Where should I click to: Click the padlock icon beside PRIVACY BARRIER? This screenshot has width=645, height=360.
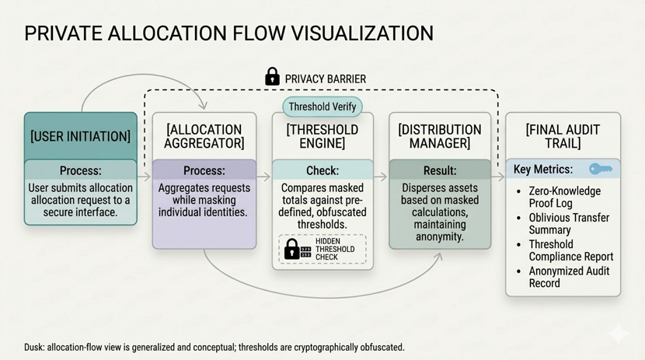pos(272,77)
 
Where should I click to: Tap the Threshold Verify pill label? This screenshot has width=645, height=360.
pos(322,107)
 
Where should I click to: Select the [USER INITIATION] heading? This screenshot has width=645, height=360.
pos(80,136)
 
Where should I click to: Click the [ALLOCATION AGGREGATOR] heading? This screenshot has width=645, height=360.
pos(204,136)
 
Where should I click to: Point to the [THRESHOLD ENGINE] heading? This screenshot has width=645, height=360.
pos(322,136)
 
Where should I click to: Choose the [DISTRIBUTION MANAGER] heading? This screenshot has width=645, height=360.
pos(439,136)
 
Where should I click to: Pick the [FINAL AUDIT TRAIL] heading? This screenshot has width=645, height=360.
pos(563,136)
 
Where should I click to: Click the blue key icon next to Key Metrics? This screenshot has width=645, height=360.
pos(601,169)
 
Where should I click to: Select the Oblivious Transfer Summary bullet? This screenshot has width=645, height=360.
pos(569,224)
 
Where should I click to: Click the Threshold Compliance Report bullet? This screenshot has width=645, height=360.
pos(570,250)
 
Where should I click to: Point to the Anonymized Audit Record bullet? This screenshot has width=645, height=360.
pos(569,278)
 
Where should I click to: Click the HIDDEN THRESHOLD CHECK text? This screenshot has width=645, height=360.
pos(334,249)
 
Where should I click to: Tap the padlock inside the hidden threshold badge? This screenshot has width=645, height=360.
pos(291,249)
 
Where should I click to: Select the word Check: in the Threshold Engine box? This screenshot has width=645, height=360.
pos(322,170)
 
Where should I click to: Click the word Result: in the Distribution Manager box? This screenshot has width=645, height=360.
pos(439,170)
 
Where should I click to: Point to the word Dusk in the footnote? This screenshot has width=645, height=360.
pos(35,348)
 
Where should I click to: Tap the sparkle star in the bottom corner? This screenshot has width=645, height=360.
pos(619,334)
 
